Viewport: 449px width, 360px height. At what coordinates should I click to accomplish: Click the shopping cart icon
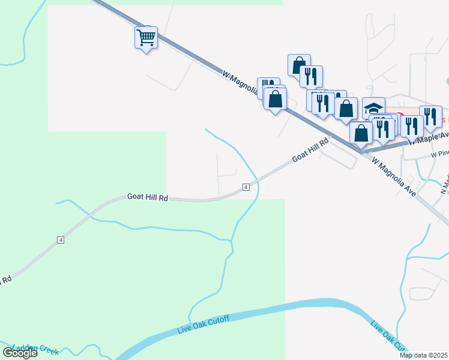[x=146, y=38]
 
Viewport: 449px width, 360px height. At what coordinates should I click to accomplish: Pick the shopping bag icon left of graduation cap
[x=346, y=109]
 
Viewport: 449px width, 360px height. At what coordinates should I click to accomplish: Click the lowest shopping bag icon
[x=361, y=133]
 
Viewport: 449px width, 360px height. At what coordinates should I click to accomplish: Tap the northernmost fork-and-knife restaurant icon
[x=311, y=76]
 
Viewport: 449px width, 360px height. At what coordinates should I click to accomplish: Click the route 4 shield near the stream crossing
[x=246, y=188]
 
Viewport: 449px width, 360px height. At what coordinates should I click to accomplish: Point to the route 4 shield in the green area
[x=60, y=240]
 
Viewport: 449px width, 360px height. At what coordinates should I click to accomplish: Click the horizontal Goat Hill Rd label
[x=146, y=197]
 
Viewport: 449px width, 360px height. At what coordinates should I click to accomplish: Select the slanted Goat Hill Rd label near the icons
[x=311, y=150]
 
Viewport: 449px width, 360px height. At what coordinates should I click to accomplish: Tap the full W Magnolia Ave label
[x=394, y=178]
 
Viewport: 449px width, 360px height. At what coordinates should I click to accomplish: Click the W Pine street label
[x=439, y=154]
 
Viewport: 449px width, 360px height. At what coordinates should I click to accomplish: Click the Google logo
[x=20, y=353]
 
